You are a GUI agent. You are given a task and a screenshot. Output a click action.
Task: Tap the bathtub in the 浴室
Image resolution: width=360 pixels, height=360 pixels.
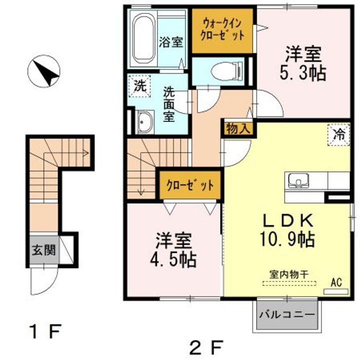(x=145, y=37)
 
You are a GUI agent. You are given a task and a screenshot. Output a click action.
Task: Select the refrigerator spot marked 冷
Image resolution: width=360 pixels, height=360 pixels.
(x=338, y=134)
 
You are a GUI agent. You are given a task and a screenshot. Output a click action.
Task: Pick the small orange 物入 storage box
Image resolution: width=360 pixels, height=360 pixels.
(x=238, y=128)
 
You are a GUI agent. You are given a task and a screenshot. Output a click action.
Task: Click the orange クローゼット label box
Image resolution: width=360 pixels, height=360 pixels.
(x=190, y=185)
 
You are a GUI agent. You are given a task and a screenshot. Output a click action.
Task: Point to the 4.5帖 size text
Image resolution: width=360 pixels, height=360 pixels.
(x=173, y=259)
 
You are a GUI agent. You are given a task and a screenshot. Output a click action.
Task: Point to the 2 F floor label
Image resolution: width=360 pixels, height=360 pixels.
(x=205, y=345)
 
